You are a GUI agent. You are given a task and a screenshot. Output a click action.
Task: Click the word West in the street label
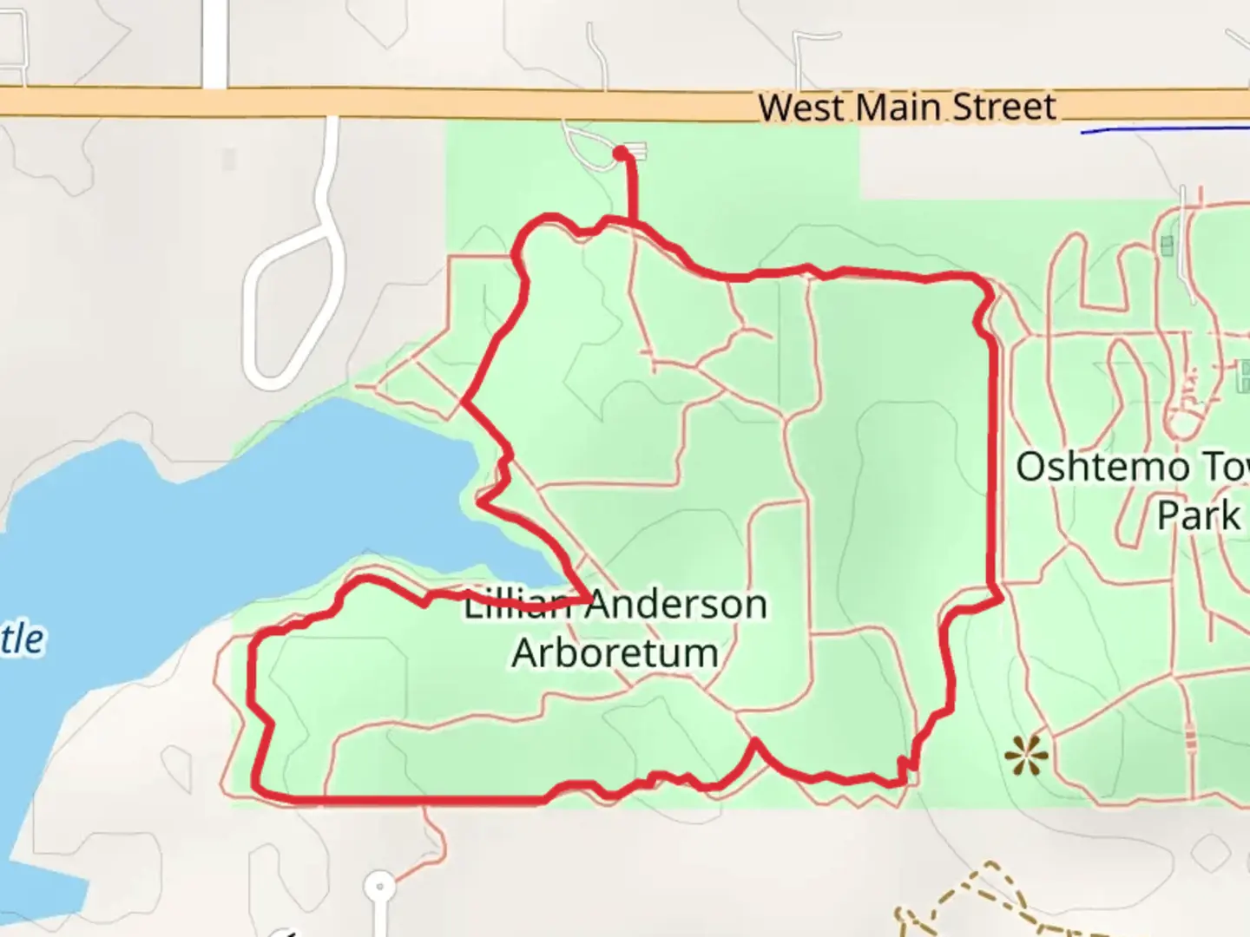pos(800,108)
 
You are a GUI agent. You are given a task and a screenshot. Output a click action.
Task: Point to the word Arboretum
pos(615,652)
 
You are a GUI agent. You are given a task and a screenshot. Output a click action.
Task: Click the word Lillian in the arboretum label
pos(516,605)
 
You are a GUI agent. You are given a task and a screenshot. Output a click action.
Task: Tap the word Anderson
pos(677,605)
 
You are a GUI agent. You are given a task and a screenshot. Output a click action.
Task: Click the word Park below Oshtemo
pos(1198,515)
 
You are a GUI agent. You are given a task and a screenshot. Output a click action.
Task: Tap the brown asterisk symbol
pos(1026,757)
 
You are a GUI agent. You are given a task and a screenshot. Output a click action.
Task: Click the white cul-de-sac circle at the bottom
pos(379,888)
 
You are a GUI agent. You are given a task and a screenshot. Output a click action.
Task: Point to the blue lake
pos(217,521)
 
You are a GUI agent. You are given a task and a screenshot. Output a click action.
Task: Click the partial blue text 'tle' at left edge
pos(22,639)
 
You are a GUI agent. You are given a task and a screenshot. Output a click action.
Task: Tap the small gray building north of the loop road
pos(229,160)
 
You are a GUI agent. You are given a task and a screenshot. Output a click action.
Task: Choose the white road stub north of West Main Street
pos(214,43)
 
